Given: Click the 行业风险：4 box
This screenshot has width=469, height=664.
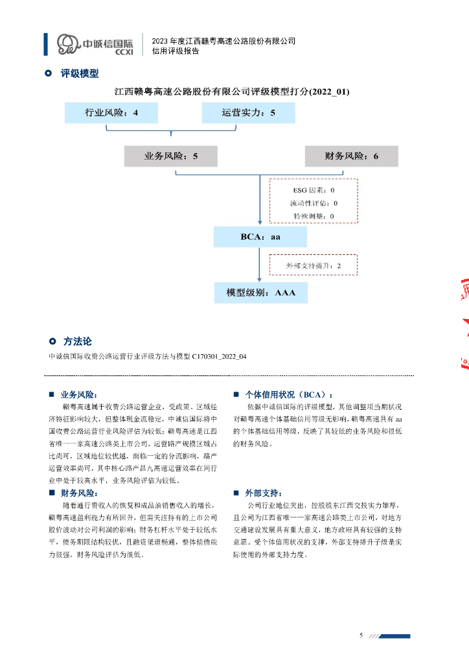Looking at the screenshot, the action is tap(111, 113).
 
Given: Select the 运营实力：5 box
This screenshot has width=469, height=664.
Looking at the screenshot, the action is tap(248, 113).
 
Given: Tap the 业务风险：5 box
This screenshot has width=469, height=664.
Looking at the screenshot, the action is tap(171, 156).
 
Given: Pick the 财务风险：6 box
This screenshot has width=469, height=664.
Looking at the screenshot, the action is tap(351, 156).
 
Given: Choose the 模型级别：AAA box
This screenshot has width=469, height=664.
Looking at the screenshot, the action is tap(261, 293).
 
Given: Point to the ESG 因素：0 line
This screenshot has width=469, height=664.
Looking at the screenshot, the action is tap(313, 191).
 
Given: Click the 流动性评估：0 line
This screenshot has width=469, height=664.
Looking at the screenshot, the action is tap(314, 203).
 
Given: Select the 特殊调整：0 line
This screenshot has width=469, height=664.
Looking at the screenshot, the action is tap(314, 215).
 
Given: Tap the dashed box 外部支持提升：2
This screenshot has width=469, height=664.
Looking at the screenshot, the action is tap(314, 266).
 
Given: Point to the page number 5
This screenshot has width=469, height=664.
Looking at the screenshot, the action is tap(361, 634).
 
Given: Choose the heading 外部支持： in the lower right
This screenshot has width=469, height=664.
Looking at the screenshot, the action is tap(264, 493).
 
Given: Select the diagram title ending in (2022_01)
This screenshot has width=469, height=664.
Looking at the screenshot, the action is tap(231, 91).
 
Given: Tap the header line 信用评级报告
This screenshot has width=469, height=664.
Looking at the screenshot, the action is tap(175, 51).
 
